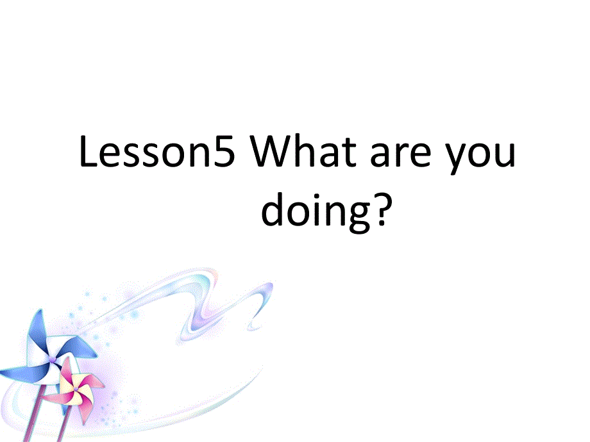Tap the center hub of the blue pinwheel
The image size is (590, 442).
tap(52, 359)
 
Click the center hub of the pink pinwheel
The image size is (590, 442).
tap(76, 389)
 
